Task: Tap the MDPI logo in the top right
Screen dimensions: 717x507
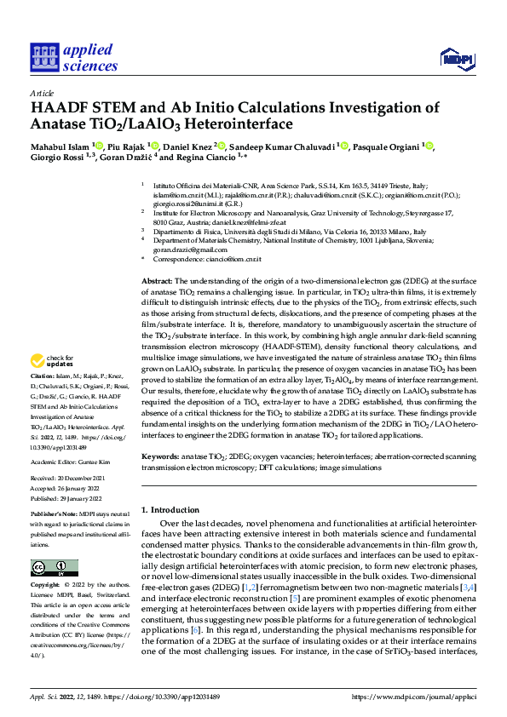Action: (x=457, y=58)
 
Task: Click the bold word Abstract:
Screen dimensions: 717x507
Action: (x=157, y=280)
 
